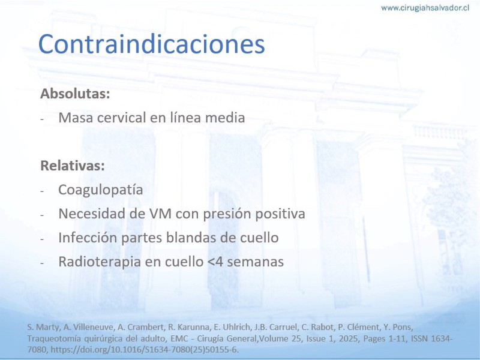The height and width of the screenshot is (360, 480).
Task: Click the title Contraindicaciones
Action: click(151, 44)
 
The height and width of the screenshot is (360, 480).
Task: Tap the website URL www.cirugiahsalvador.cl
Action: click(425, 8)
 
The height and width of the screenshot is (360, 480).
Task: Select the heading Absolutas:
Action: click(75, 94)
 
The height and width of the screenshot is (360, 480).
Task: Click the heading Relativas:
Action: click(73, 166)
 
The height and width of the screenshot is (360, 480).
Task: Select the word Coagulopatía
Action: click(100, 190)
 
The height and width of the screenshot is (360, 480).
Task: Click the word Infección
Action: click(88, 238)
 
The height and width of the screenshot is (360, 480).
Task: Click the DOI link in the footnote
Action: click(145, 350)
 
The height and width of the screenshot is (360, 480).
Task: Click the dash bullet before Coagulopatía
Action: click(42, 191)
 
